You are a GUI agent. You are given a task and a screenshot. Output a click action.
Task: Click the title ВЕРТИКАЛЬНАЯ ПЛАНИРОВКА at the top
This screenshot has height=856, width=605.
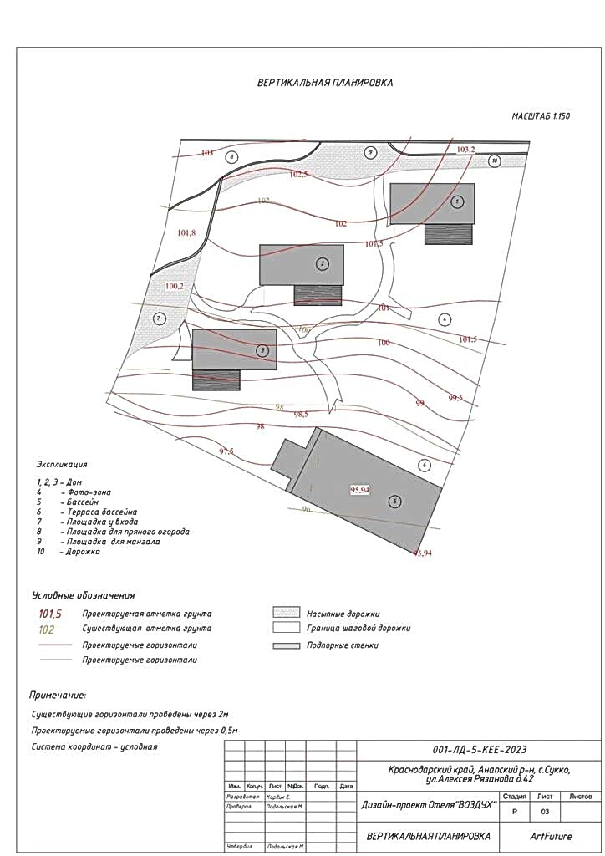tap(324, 83)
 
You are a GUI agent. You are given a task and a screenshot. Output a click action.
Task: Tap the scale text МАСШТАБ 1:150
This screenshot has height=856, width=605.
tap(540, 116)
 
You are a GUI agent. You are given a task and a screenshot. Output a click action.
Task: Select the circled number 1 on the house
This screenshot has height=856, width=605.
tap(456, 201)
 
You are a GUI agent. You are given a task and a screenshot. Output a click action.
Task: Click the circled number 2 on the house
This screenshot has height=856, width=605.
tap(322, 264)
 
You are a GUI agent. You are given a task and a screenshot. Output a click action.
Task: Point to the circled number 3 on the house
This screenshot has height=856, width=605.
tap(262, 349)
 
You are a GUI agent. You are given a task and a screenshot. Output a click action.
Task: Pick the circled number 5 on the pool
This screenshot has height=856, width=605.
tap(394, 501)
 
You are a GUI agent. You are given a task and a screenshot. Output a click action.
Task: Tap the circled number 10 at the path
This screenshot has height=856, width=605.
tap(495, 160)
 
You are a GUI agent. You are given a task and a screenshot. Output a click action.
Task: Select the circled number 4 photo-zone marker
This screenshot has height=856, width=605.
tap(445, 318)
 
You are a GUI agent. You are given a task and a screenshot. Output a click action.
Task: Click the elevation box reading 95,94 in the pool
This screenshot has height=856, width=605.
tap(359, 490)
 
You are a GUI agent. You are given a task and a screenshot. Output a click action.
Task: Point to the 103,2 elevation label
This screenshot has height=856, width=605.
tap(466, 149)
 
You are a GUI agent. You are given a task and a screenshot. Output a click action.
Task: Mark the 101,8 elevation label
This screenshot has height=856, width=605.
tap(186, 232)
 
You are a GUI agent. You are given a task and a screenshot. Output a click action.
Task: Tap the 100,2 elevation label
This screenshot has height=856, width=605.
tap(175, 286)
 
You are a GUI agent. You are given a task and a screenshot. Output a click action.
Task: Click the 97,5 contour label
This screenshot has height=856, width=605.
tap(226, 451)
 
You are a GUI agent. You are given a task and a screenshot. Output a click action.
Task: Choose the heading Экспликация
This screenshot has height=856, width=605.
tap(62, 463)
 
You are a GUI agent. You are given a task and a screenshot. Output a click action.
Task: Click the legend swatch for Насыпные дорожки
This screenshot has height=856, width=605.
tap(285, 613)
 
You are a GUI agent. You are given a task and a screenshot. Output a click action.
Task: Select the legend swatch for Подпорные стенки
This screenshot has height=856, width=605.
tap(285, 645)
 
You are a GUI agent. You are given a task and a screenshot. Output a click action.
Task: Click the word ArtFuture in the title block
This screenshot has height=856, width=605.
tap(551, 835)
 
